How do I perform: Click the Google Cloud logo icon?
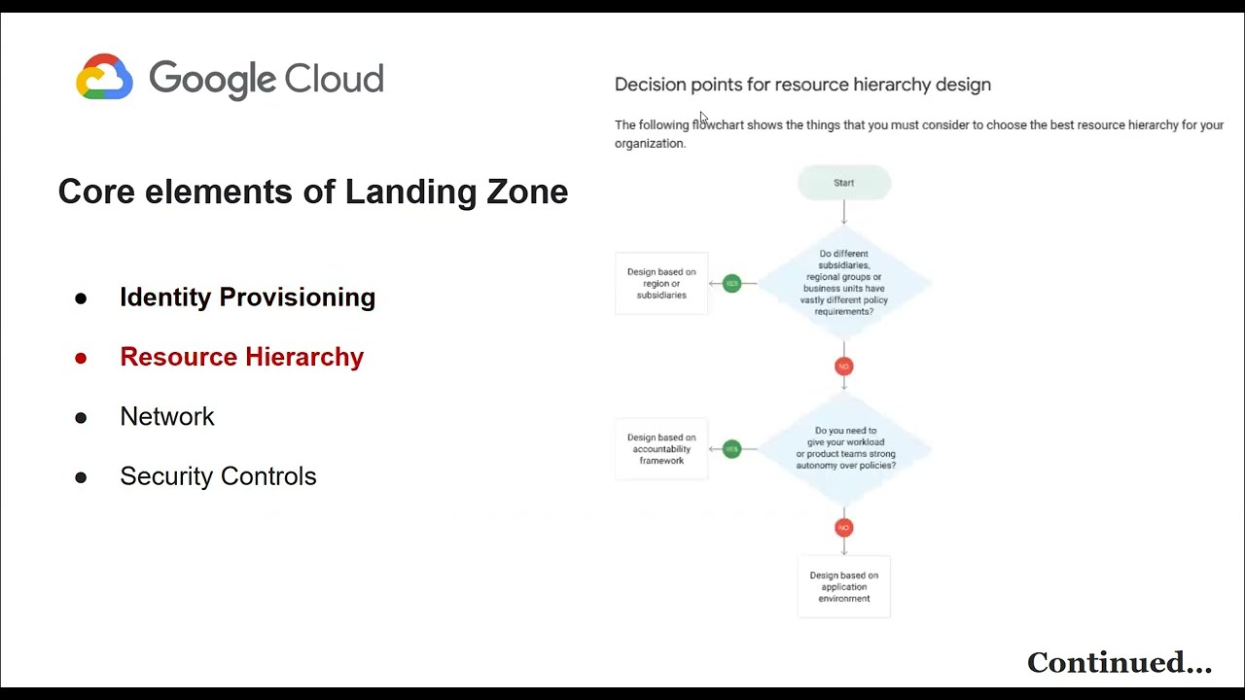(104, 77)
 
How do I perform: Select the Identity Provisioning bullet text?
(247, 297)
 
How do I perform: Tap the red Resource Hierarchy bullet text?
(241, 357)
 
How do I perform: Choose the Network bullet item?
(166, 416)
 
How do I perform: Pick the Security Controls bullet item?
(218, 476)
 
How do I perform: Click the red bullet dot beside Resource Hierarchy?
(81, 358)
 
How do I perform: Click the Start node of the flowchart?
(843, 183)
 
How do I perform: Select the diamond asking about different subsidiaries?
(843, 283)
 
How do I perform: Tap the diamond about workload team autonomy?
(844, 448)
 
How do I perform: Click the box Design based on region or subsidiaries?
(661, 284)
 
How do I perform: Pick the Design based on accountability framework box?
(661, 449)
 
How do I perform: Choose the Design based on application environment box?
(843, 586)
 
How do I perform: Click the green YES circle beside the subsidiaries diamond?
(731, 284)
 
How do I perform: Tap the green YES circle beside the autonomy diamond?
(731, 449)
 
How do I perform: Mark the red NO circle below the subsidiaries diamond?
(843, 367)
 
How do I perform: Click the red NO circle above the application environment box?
(843, 528)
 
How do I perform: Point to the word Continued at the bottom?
(1107, 663)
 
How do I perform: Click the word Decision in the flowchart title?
(650, 85)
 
